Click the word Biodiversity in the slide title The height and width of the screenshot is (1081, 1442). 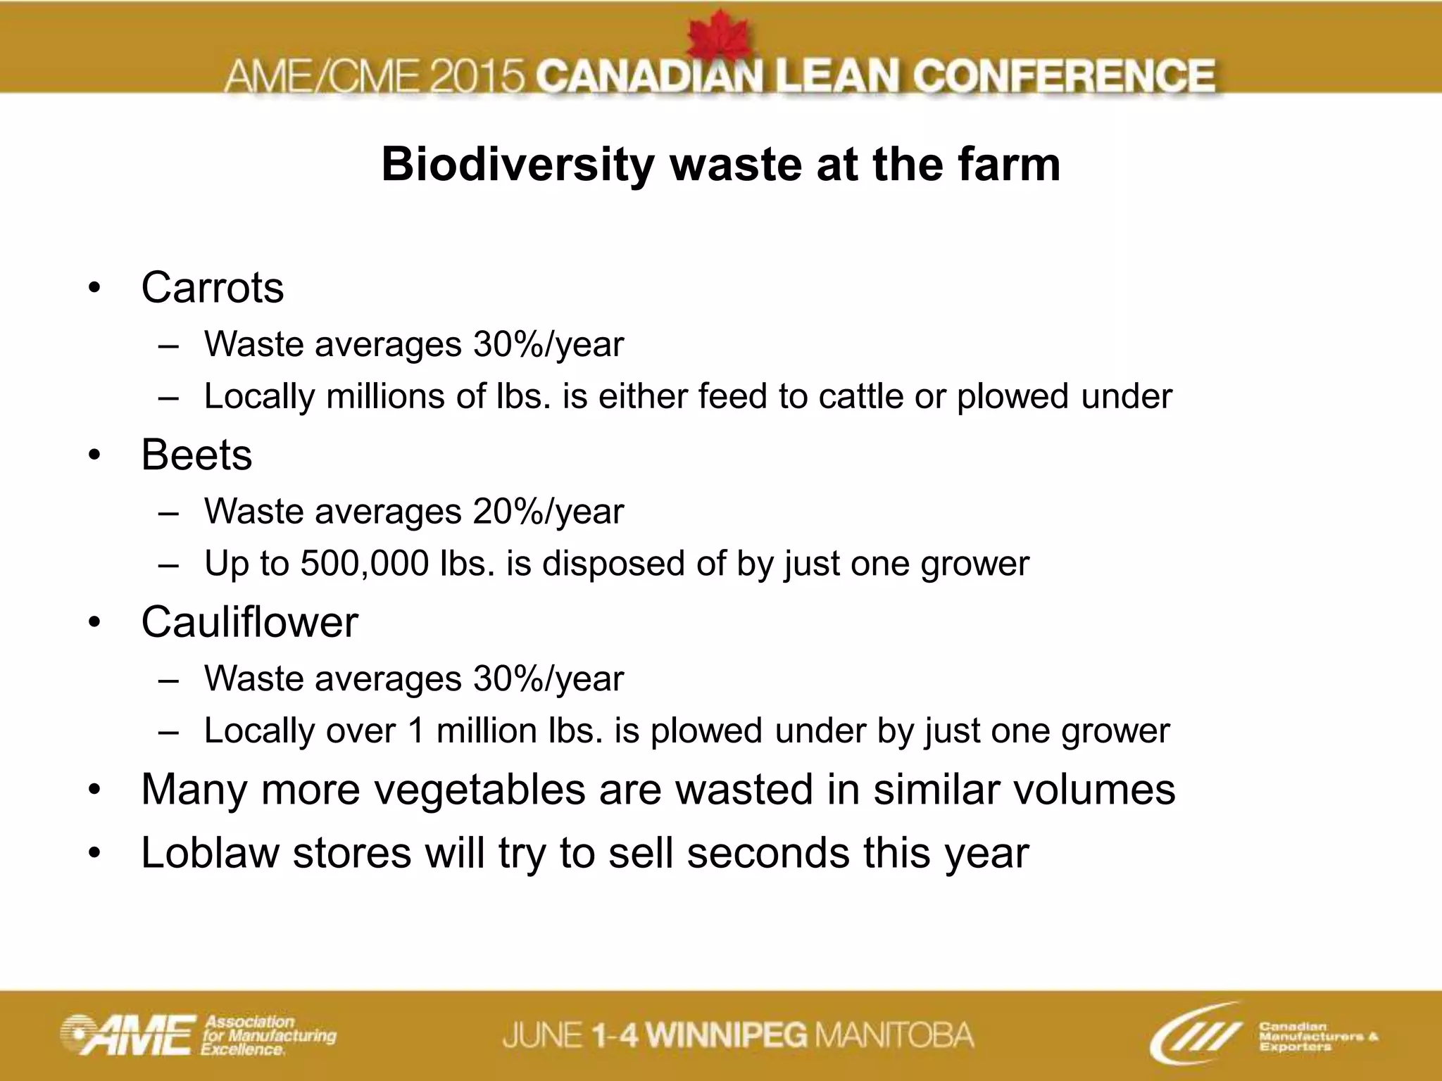pyautogui.click(x=518, y=165)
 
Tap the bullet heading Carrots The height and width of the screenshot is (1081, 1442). pyautogui.click(x=212, y=288)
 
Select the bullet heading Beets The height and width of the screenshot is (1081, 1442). pyautogui.click(x=196, y=455)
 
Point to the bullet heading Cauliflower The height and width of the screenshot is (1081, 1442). pyautogui.click(x=249, y=622)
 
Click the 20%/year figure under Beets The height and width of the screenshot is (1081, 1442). pyautogui.click(x=548, y=512)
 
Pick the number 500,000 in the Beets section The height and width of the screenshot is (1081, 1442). pyautogui.click(x=364, y=564)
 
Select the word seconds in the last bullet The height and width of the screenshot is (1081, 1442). pyautogui.click(x=768, y=853)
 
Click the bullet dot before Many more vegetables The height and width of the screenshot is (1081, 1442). pyautogui.click(x=95, y=790)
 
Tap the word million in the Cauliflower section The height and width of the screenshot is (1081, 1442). pyautogui.click(x=487, y=731)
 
